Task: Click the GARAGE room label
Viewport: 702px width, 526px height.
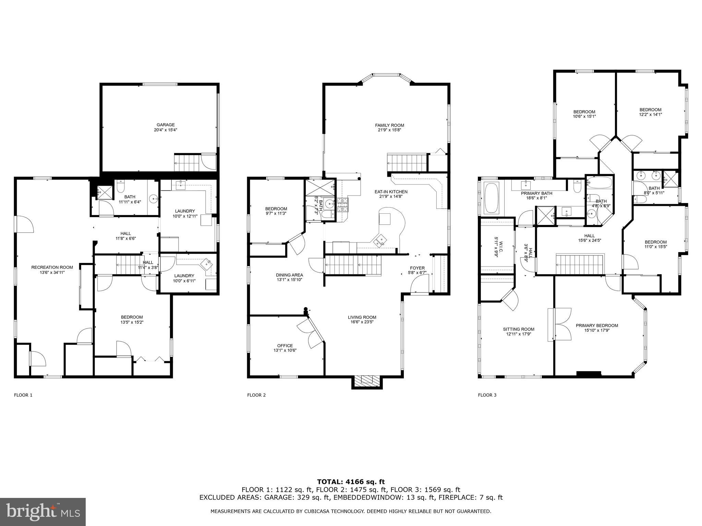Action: [166, 125]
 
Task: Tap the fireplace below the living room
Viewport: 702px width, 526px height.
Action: [366, 381]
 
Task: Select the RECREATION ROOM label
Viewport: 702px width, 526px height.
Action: [52, 267]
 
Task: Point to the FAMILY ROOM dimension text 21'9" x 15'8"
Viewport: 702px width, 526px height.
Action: [389, 130]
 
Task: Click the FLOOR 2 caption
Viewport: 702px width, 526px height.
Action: [256, 395]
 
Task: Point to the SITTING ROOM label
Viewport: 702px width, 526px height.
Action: [519, 329]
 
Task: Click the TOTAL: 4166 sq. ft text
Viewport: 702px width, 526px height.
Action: [351, 482]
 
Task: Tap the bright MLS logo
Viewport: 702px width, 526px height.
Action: [43, 512]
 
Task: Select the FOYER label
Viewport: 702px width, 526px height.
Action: [417, 268]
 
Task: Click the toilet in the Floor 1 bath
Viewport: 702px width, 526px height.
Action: [121, 187]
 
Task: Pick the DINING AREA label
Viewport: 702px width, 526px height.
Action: [289, 275]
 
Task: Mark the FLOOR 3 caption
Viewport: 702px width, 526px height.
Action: [487, 395]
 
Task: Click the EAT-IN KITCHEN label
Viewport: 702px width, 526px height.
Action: [391, 192]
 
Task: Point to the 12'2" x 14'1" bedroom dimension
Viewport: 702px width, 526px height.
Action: [650, 115]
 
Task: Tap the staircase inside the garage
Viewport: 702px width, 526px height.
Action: [187, 163]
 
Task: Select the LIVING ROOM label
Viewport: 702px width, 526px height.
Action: [362, 317]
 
